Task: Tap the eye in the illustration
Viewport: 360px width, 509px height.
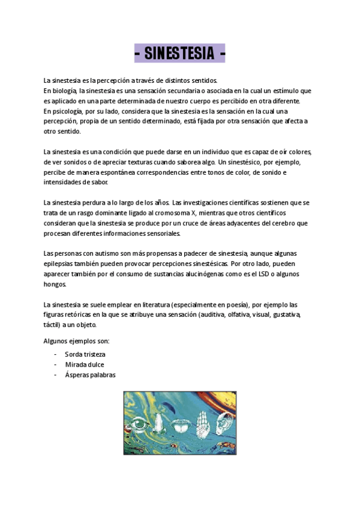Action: (x=139, y=425)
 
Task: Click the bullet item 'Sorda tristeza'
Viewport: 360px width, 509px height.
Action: (x=85, y=354)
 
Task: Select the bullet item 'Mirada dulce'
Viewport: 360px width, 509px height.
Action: (x=84, y=364)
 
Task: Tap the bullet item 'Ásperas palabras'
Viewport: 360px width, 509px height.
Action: (x=90, y=375)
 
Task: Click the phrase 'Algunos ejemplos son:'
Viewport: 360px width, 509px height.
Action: (x=76, y=341)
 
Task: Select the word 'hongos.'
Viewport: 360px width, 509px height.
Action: (x=55, y=284)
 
